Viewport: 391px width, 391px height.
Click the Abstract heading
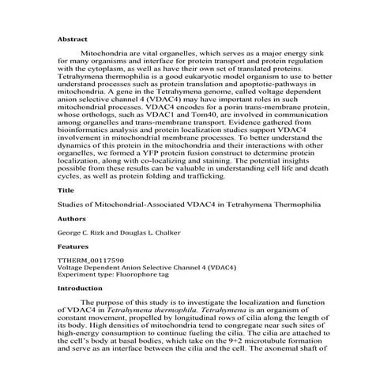[73, 39]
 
